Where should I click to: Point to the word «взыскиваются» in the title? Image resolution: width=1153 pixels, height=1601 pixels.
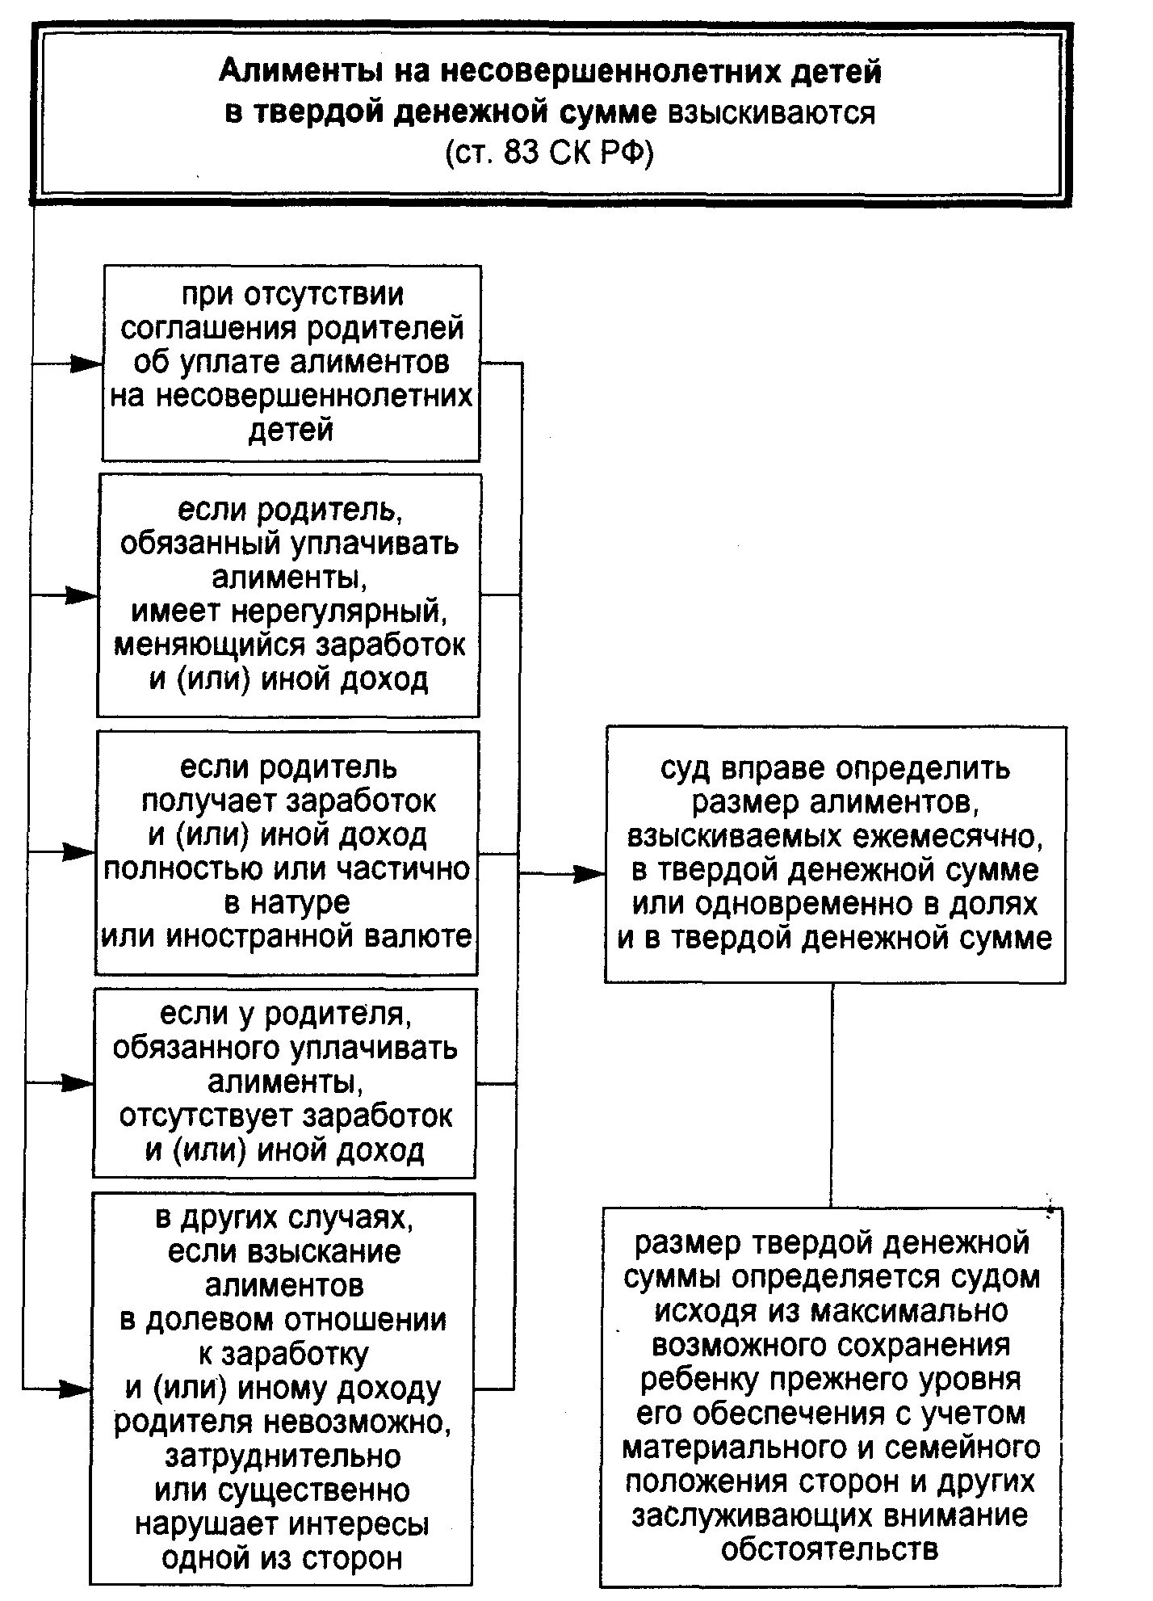(x=770, y=114)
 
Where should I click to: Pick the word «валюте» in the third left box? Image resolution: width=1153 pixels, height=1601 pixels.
(x=420, y=936)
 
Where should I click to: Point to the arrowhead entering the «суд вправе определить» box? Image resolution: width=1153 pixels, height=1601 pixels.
(x=590, y=873)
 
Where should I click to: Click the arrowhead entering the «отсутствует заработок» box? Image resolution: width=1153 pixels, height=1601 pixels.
(x=79, y=1083)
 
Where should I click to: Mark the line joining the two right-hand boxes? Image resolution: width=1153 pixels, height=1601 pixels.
(x=832, y=1095)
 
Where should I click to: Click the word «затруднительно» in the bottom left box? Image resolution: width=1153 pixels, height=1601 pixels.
(x=283, y=1456)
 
